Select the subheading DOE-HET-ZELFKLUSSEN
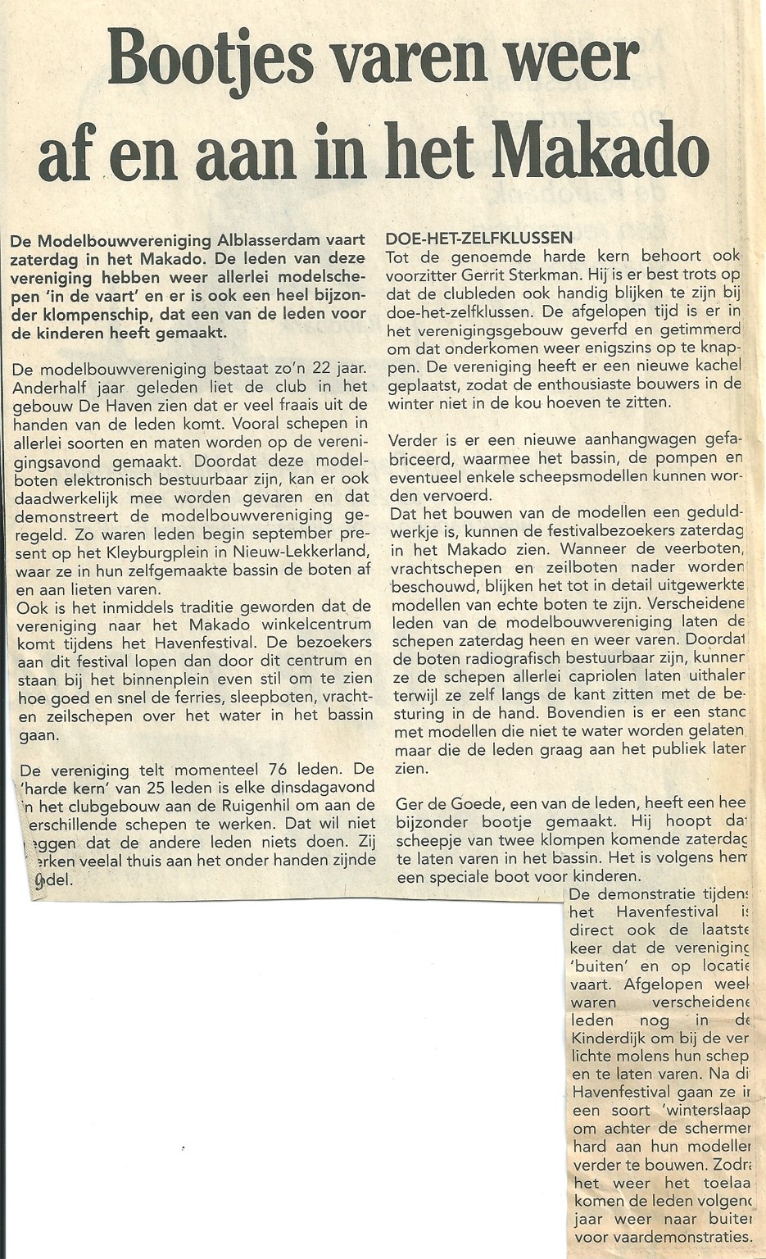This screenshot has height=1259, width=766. point(478,239)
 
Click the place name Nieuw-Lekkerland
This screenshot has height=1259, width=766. point(314,552)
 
